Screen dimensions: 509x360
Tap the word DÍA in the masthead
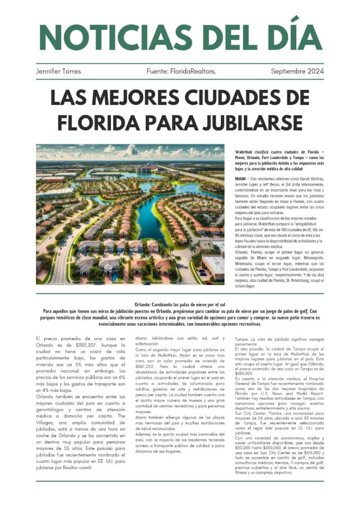[292, 36]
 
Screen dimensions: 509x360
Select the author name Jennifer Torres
[58, 71]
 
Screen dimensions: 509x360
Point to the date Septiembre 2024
[297, 71]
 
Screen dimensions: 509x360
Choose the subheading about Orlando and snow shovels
[180, 304]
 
